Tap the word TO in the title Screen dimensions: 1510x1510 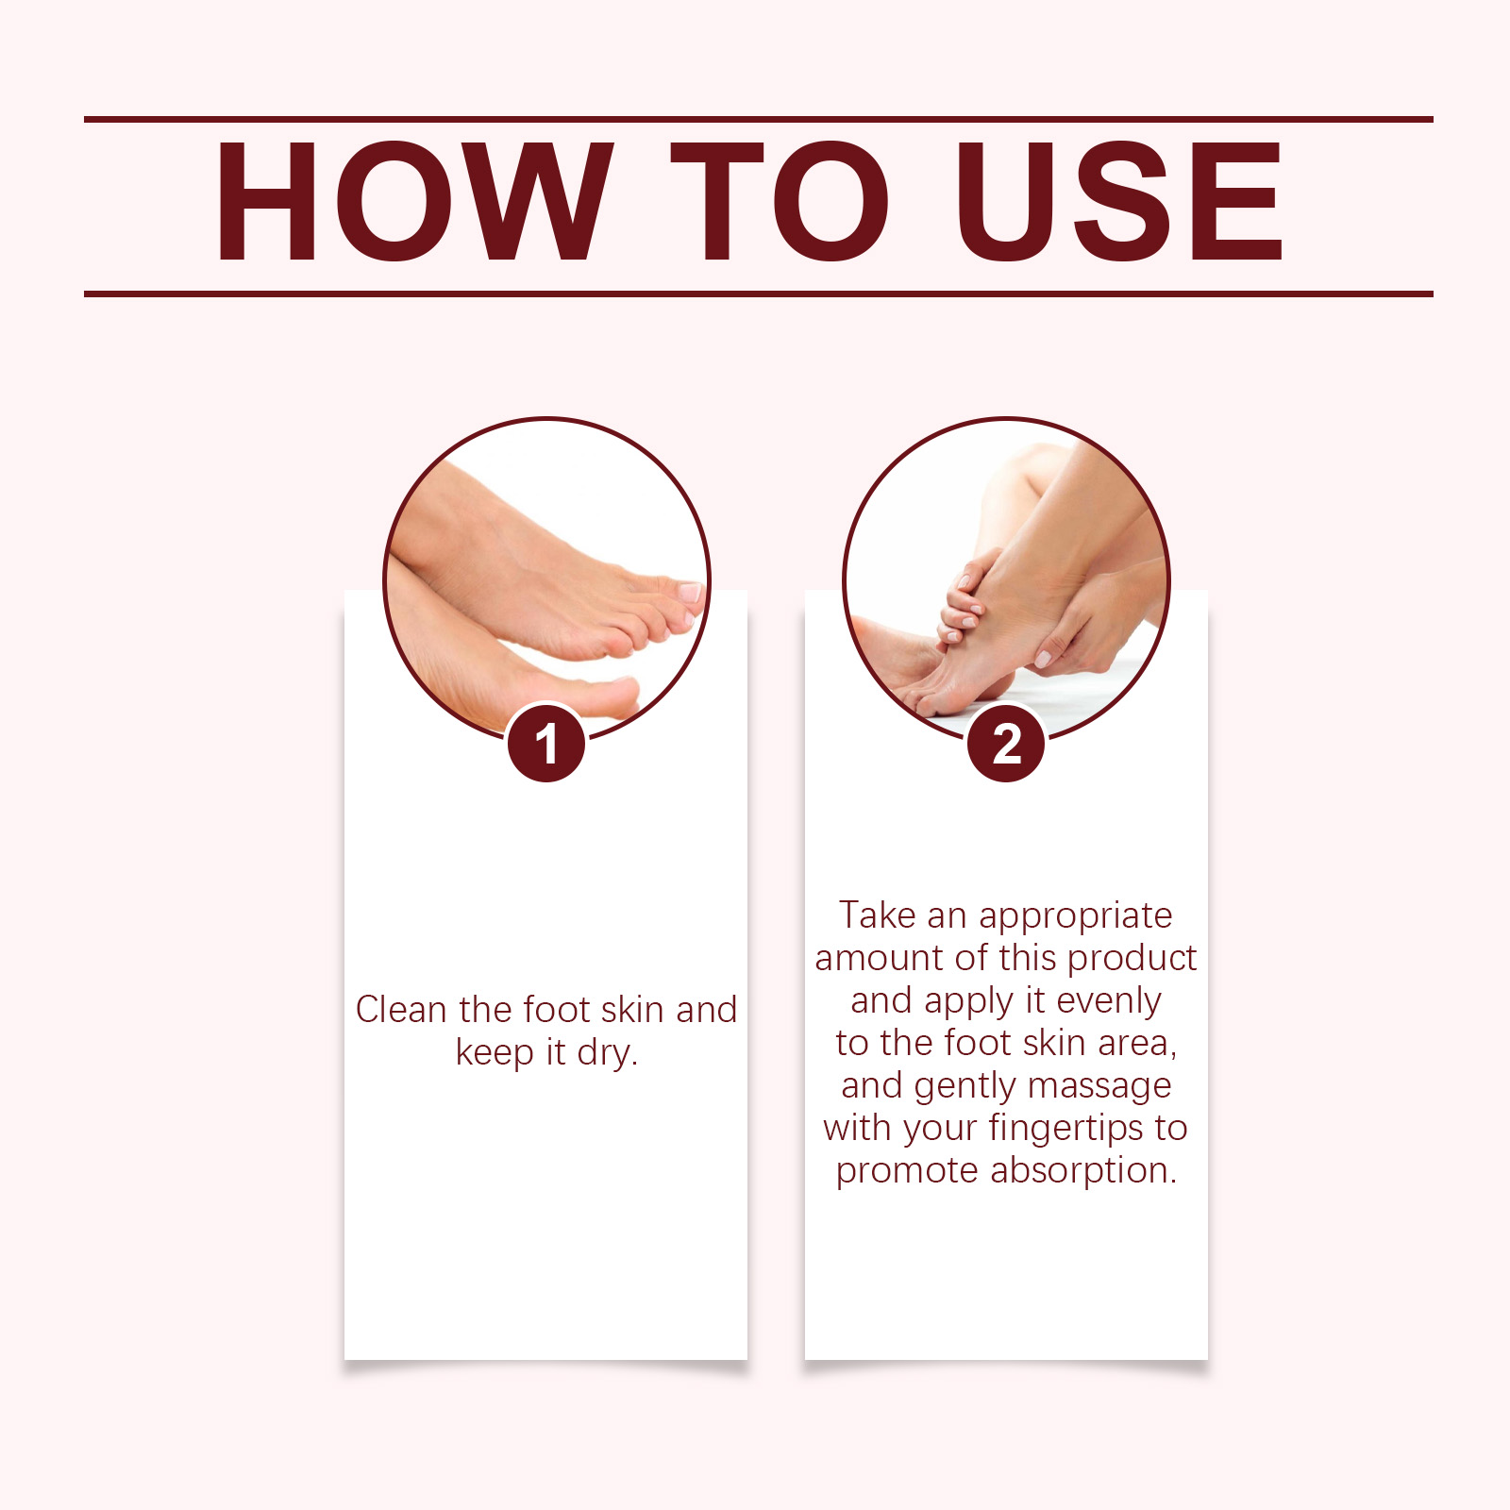(x=780, y=201)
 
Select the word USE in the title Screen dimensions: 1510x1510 (x=1119, y=201)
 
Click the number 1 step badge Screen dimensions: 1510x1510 (x=545, y=744)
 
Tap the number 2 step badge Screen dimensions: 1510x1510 (x=1006, y=744)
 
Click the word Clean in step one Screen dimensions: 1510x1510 (x=402, y=1010)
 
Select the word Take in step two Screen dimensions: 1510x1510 (x=878, y=915)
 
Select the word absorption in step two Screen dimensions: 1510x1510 (x=1084, y=1171)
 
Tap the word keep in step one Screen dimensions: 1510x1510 (x=495, y=1053)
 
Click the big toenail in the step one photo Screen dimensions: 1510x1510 (x=690, y=592)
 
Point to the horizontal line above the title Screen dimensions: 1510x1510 (x=759, y=120)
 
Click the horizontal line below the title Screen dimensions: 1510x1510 (x=759, y=294)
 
